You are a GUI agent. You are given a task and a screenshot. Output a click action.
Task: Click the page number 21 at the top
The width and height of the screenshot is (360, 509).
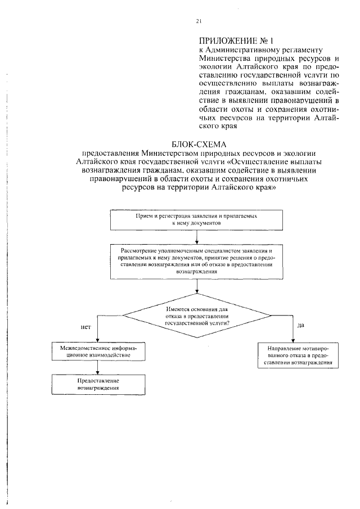[198, 21]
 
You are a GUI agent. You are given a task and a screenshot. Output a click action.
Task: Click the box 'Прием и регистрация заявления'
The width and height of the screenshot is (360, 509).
[196, 219]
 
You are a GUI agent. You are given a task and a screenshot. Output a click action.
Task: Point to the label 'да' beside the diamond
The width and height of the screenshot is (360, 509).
[302, 325]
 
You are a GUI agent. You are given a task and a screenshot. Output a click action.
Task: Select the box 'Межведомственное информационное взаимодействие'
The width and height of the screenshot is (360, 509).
[98, 352]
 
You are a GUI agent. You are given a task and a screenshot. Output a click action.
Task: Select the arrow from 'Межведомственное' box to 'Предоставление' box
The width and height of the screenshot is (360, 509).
[98, 368]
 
